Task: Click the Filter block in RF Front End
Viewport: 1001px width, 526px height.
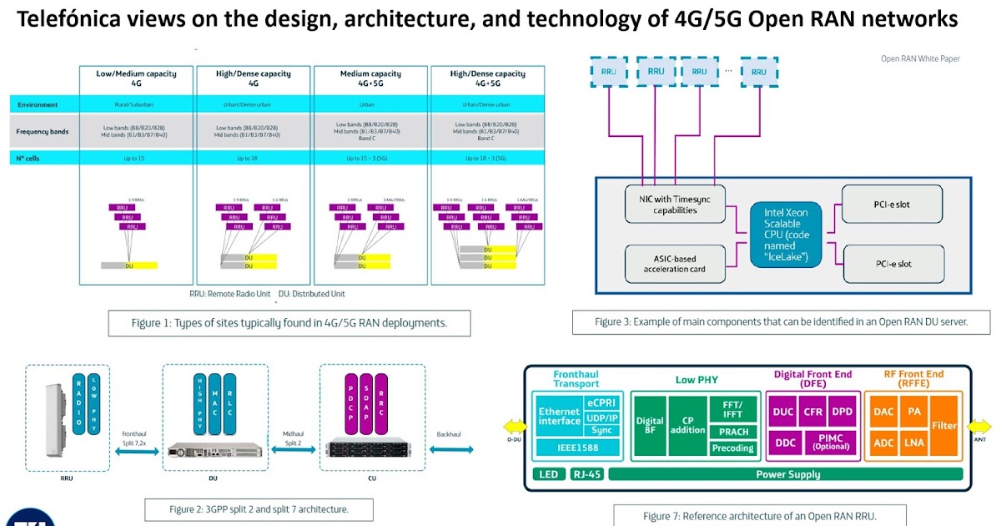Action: pos(944,425)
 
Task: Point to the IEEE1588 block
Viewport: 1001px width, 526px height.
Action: pos(576,448)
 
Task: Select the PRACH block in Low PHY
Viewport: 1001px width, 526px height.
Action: pos(732,432)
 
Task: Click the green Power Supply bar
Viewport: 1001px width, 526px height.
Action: pos(787,474)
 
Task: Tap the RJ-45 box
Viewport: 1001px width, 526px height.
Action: pos(586,474)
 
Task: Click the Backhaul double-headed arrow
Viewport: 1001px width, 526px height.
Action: pos(454,450)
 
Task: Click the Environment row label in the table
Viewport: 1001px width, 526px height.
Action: pos(38,104)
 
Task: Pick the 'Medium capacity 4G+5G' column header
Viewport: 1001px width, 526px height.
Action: pos(371,78)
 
